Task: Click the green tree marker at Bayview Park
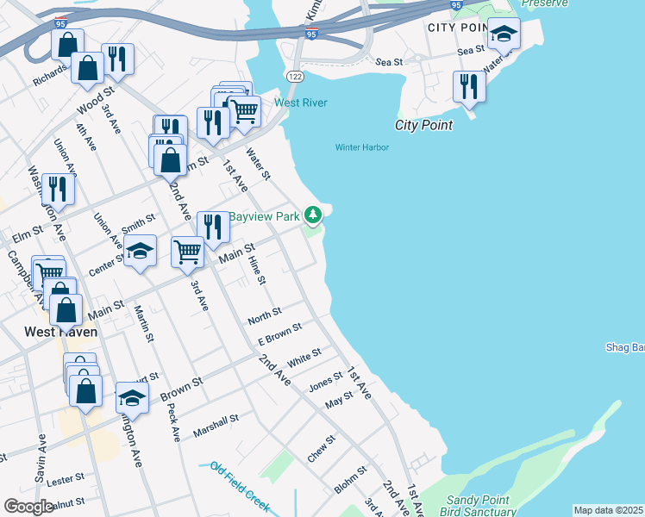316,214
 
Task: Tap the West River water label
301,103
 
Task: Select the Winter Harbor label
362,147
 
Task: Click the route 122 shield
295,77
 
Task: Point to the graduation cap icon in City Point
504,34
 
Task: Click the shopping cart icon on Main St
187,252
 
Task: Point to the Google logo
28,507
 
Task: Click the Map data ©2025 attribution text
608,510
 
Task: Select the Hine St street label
257,271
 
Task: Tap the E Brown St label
280,334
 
